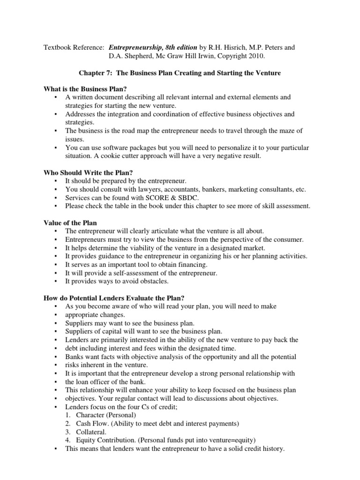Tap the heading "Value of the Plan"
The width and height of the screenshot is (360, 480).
[x=70, y=223]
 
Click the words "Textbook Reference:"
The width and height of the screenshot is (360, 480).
[x=74, y=47]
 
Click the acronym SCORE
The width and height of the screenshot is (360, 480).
[x=147, y=198]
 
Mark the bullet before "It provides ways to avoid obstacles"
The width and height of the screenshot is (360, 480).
[x=56, y=282]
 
